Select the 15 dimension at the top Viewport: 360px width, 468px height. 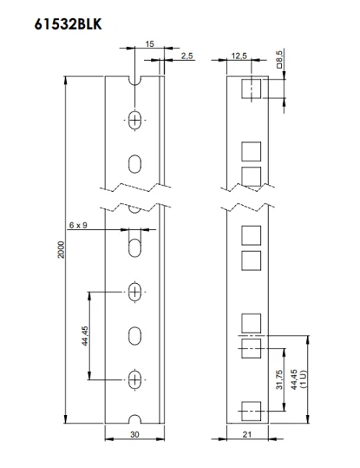point(149,45)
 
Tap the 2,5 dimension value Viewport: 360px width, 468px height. point(187,56)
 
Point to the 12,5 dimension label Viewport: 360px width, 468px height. point(239,55)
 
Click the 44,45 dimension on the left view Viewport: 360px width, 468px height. point(85,335)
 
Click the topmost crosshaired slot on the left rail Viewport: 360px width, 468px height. point(136,120)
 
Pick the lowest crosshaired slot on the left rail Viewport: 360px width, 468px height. point(136,380)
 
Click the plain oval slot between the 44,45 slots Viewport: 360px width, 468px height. point(136,336)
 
